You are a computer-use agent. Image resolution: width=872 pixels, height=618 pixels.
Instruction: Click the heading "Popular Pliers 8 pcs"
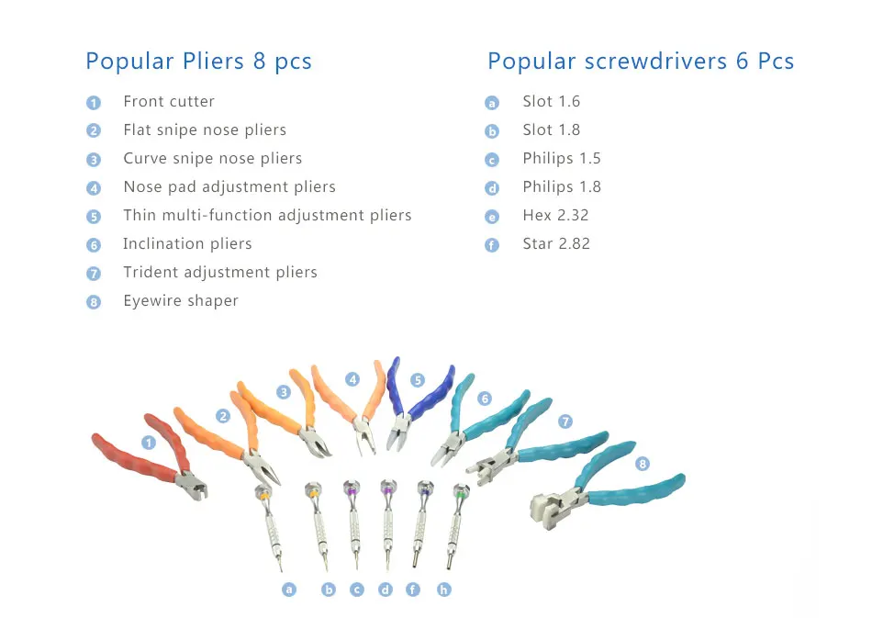(x=198, y=62)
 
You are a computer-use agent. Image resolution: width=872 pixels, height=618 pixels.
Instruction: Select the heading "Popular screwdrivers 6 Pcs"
(x=640, y=62)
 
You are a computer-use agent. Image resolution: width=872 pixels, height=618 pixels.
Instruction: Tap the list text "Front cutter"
(x=169, y=102)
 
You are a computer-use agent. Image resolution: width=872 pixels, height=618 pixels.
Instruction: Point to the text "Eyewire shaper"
(x=181, y=301)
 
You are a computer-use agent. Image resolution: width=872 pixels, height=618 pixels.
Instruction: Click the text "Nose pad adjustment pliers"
(x=229, y=187)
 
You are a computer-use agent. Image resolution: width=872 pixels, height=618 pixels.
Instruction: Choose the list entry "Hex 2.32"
(x=555, y=216)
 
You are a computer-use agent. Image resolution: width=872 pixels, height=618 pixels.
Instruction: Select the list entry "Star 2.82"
(x=556, y=244)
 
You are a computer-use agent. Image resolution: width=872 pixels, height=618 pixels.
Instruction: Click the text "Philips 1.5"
(x=562, y=159)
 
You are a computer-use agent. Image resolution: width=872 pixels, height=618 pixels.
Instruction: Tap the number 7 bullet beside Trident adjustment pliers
(x=94, y=274)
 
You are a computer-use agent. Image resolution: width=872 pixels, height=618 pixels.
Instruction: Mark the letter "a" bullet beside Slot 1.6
(x=492, y=103)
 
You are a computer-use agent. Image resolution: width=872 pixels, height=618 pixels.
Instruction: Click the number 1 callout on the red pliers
(x=149, y=443)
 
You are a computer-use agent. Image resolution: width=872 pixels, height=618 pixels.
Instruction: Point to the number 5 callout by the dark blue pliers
(x=418, y=379)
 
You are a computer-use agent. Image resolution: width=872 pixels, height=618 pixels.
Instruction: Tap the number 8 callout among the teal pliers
(x=643, y=464)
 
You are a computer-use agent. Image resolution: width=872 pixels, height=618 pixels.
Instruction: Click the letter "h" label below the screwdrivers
(x=444, y=590)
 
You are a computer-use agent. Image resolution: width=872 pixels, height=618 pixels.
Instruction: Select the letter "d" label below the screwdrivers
(x=386, y=590)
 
